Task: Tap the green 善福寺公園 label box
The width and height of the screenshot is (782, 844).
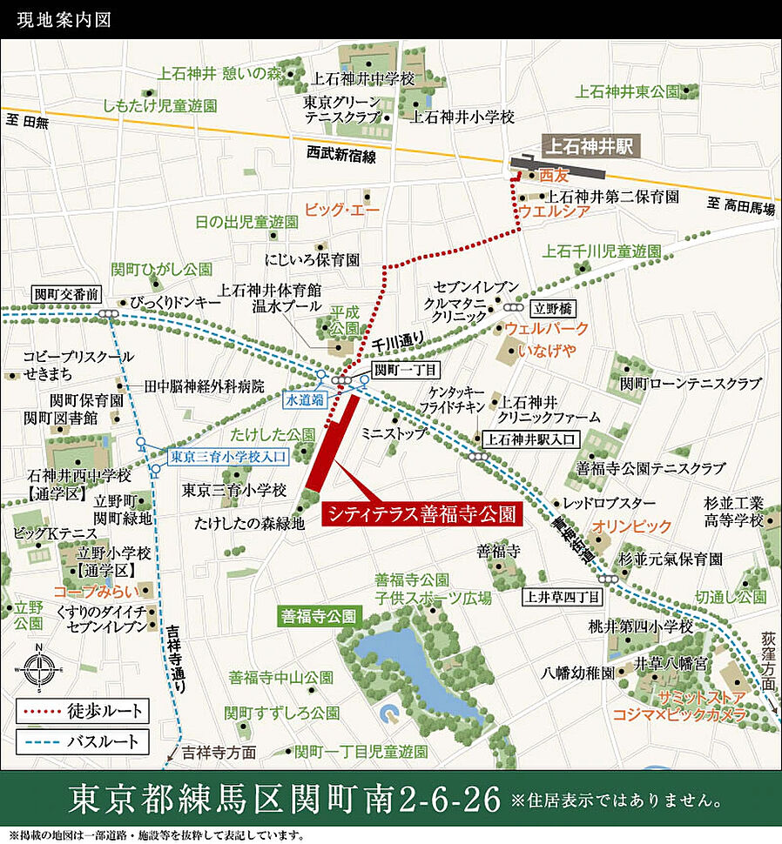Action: point(319,616)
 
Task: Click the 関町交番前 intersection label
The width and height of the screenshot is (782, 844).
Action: point(66,294)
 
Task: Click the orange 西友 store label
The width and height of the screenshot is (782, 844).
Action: point(553,175)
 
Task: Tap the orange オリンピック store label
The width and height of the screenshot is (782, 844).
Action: point(632,526)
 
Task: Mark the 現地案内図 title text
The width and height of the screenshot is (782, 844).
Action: point(57,19)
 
